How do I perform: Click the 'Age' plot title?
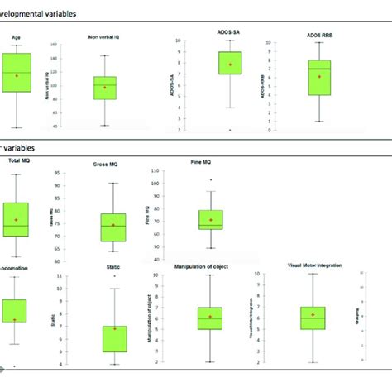click(x=17, y=36)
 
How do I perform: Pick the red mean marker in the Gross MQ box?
click(x=113, y=225)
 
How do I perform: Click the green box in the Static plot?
click(x=114, y=338)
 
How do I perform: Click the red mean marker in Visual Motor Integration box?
click(x=312, y=315)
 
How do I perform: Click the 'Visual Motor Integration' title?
click(x=313, y=266)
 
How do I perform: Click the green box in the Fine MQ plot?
click(x=210, y=219)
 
